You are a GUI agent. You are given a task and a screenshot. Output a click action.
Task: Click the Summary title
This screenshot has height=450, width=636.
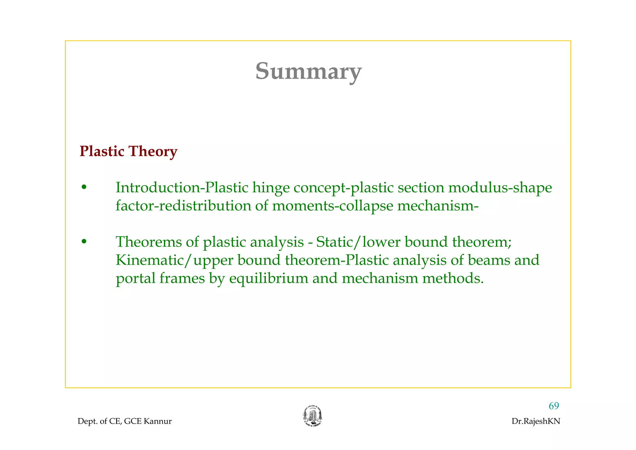click(308, 71)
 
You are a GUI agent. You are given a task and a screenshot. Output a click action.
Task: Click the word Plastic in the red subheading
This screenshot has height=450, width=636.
click(102, 151)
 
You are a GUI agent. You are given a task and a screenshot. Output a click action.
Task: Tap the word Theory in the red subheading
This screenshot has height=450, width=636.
click(153, 151)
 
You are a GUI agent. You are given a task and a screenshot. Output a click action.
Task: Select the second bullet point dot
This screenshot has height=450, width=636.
click(83, 242)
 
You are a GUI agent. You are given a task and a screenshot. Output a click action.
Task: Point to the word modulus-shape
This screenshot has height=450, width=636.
click(500, 188)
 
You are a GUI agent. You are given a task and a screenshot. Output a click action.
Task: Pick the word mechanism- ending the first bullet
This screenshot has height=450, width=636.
click(438, 206)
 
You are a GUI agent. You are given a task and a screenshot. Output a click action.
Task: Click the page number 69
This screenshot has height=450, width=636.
click(554, 406)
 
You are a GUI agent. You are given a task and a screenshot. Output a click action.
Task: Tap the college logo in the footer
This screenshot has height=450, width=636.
click(312, 416)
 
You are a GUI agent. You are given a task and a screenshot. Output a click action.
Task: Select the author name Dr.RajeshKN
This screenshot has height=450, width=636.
click(536, 421)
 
